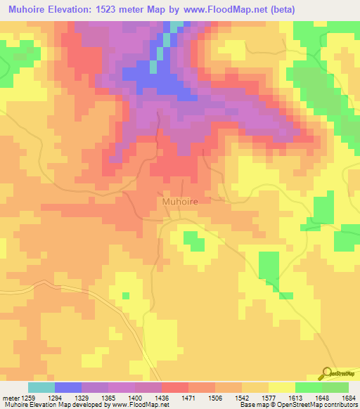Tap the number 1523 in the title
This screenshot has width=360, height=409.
pos(128,8)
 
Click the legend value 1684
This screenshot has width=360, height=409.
pos(348,397)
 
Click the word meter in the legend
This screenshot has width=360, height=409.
pos(9,397)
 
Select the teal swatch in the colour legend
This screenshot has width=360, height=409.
pos(41,387)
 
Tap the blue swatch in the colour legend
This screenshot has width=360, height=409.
pos(68,387)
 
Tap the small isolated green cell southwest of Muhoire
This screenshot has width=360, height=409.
pos(126,296)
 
